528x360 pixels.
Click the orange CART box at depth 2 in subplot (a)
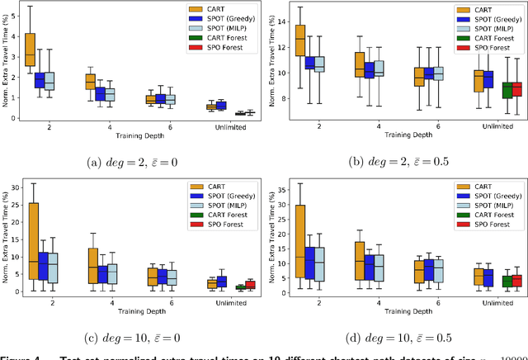30,54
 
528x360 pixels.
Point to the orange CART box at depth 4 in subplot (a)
90,81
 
